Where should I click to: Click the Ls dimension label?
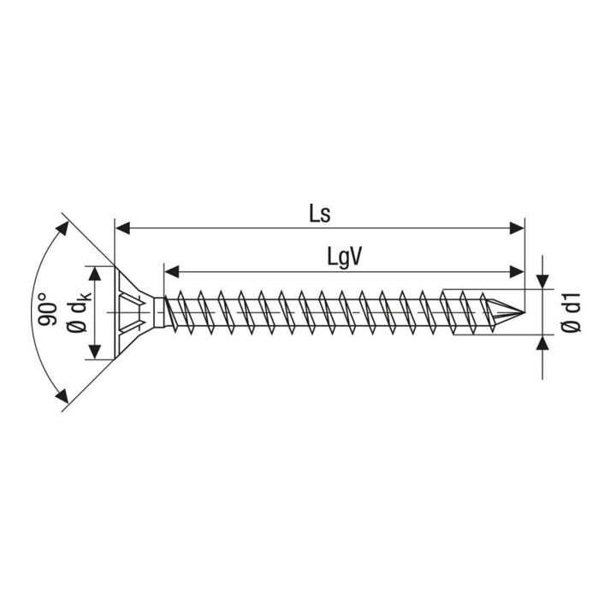320,215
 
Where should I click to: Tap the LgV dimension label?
344,258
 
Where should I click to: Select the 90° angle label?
47,309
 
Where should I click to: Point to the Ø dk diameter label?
79,312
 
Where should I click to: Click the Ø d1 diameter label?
571,312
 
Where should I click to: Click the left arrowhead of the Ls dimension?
122,228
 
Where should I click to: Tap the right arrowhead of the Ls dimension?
517,228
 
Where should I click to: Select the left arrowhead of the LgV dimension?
172,271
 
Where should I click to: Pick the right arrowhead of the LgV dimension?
517,271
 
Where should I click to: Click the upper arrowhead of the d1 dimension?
542,281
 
